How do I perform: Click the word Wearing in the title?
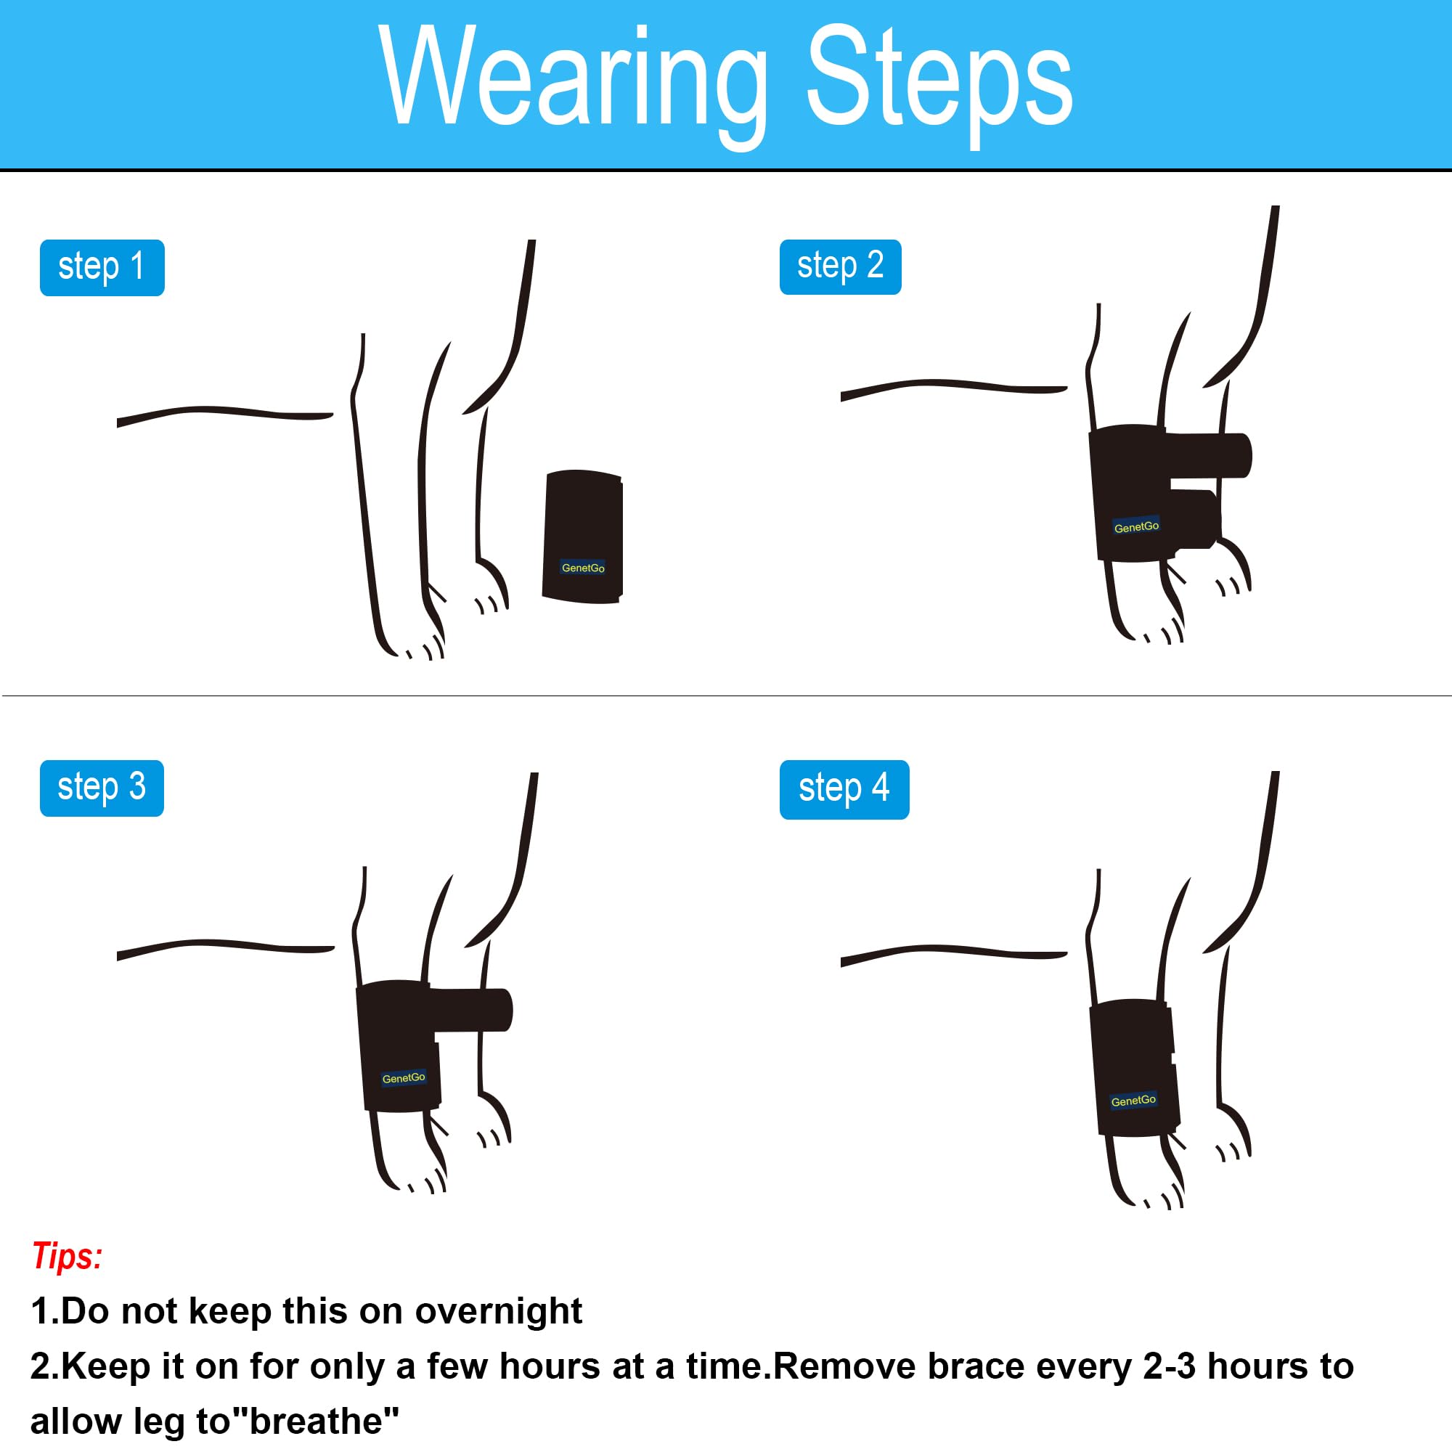coord(574,83)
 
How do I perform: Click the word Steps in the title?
coord(939,83)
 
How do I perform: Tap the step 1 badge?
coord(102,268)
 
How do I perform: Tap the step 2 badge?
coord(840,266)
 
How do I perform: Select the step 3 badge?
coord(102,788)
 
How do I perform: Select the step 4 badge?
coord(844,790)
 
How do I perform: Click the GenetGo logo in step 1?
coord(583,568)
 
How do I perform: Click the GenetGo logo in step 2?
coord(1136,527)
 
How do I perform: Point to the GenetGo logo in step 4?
coord(1133,1101)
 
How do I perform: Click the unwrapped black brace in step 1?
coord(582,537)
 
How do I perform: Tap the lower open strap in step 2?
coord(1195,518)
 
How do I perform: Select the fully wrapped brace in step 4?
coord(1133,1067)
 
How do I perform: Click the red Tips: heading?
coord(67,1256)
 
